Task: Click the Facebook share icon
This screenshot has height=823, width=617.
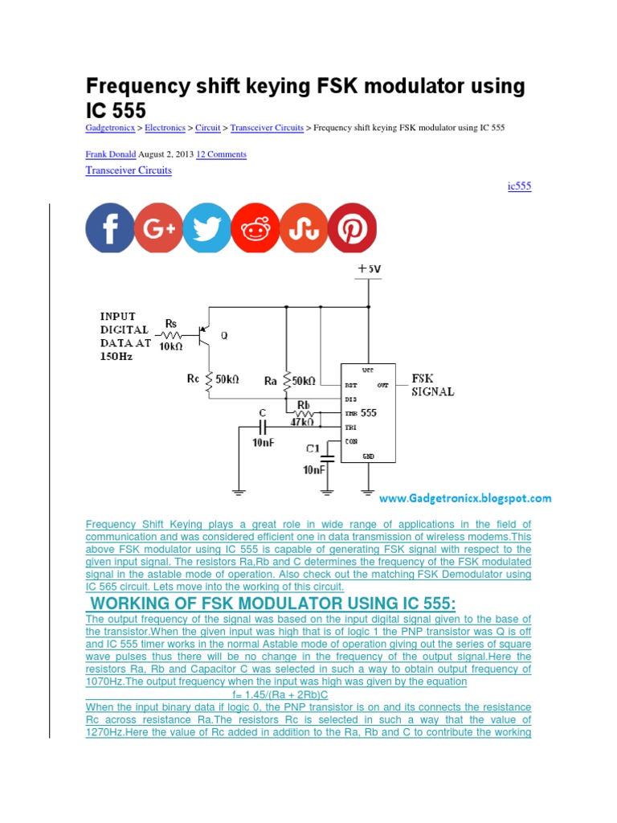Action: click(x=110, y=228)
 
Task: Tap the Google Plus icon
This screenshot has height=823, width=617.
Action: click(x=159, y=228)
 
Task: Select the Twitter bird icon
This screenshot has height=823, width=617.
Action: click(x=207, y=228)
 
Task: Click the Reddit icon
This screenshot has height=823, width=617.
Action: click(x=255, y=228)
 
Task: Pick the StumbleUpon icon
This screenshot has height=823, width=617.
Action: click(x=304, y=228)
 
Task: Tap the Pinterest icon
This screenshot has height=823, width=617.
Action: click(x=352, y=228)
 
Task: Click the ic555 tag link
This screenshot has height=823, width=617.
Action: click(x=519, y=186)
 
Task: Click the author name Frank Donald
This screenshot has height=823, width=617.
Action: click(x=110, y=154)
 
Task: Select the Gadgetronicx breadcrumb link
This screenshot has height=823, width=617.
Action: click(x=109, y=128)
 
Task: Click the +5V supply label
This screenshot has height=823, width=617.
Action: click(x=370, y=269)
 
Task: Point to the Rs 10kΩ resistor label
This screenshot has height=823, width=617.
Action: click(x=170, y=335)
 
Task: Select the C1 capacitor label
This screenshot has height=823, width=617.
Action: click(x=313, y=448)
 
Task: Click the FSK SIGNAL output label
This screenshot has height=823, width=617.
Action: click(x=433, y=385)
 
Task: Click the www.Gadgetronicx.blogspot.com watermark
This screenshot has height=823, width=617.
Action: click(x=465, y=498)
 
